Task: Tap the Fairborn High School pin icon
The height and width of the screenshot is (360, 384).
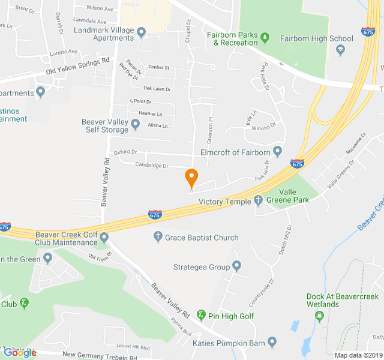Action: (x=341, y=50)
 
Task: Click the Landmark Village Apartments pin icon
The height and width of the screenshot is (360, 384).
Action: (x=142, y=32)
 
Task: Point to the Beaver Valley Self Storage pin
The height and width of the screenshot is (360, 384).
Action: (x=136, y=125)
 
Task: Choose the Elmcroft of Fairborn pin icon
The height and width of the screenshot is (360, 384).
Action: (x=277, y=151)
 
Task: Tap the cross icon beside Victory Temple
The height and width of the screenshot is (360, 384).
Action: (x=259, y=201)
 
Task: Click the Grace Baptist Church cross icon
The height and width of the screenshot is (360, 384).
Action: (x=158, y=238)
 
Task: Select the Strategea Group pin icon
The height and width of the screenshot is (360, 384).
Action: (x=237, y=266)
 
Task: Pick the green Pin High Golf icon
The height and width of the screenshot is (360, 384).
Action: (x=201, y=316)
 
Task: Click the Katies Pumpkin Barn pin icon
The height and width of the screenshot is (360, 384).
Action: (x=272, y=342)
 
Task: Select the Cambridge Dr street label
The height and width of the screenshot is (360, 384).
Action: (x=152, y=166)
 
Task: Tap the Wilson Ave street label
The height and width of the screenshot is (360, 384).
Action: (x=100, y=8)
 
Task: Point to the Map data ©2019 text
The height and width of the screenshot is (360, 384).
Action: (x=358, y=355)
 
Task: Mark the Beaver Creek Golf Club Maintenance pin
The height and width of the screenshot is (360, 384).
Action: (x=104, y=238)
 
